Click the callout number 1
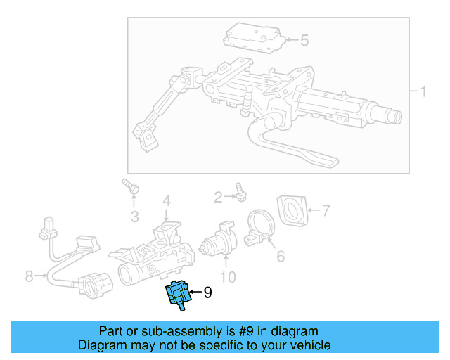(424, 92)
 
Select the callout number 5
(304, 41)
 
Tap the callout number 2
(218, 195)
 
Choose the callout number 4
(167, 201)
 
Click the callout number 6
(281, 257)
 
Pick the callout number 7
(325, 210)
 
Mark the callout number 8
(29, 276)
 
